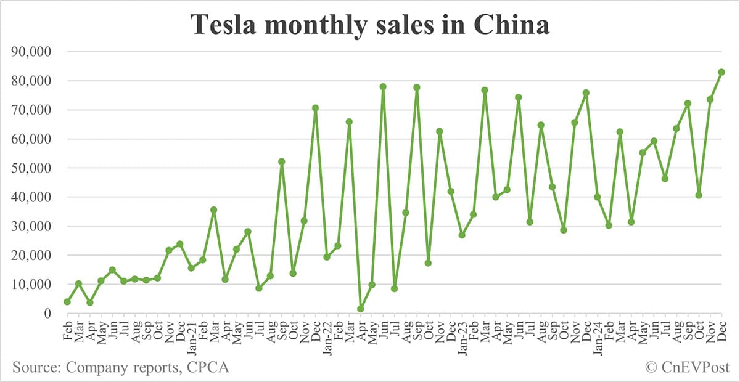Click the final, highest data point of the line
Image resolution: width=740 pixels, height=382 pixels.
[721, 72]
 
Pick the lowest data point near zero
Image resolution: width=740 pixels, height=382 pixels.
[361, 309]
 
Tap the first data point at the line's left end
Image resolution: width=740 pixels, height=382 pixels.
[67, 302]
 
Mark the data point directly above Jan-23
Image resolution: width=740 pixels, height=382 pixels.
[462, 235]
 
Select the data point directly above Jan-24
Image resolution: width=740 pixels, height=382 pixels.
[598, 197]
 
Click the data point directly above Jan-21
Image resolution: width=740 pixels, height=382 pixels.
[191, 268]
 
